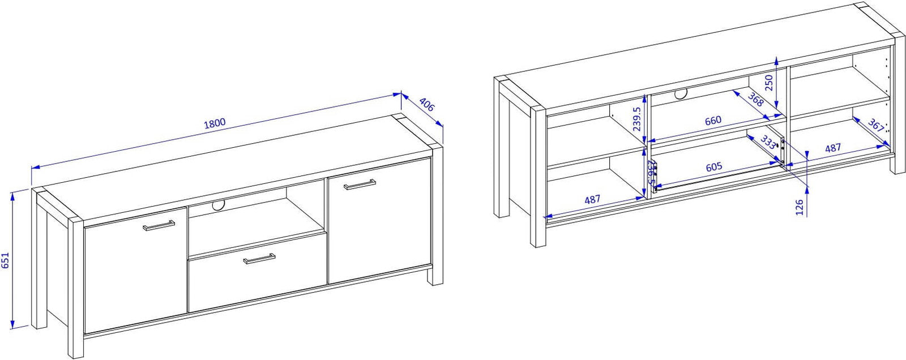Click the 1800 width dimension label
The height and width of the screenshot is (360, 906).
(x=215, y=123)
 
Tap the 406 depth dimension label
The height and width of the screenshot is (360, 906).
(x=427, y=105)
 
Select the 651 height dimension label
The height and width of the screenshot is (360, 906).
(x=5, y=260)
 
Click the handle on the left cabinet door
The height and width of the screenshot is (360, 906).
(x=159, y=225)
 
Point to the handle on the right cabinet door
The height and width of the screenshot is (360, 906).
(x=360, y=184)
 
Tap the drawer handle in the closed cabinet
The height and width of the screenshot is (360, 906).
(x=259, y=259)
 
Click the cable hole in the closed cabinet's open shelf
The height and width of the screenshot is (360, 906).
(x=219, y=205)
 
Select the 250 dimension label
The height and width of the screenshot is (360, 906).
(x=769, y=83)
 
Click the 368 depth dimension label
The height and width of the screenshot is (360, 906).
(x=755, y=100)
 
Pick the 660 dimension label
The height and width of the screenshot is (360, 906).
(x=713, y=121)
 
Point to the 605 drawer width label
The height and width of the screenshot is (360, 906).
(x=714, y=166)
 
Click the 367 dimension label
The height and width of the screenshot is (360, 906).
(x=875, y=126)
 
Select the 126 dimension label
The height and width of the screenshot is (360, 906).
(x=799, y=208)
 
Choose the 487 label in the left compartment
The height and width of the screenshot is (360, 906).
(x=592, y=199)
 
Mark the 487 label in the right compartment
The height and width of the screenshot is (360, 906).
(x=833, y=148)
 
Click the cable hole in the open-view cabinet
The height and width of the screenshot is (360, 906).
(x=681, y=95)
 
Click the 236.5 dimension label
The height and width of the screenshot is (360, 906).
(x=651, y=172)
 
